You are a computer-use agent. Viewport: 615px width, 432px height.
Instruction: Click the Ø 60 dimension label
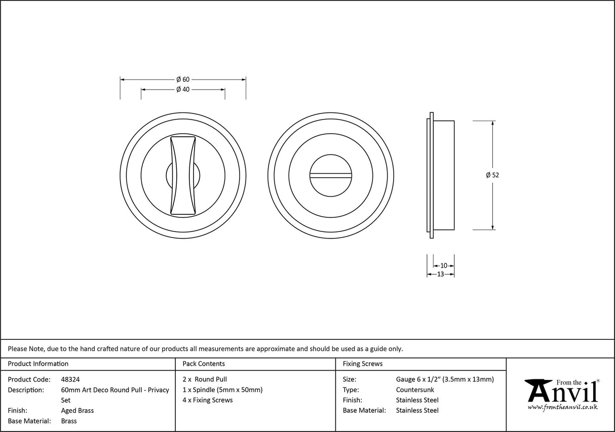point(182,80)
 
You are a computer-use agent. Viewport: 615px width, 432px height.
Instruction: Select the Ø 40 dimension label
point(182,90)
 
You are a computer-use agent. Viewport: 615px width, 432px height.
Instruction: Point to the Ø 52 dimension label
point(492,175)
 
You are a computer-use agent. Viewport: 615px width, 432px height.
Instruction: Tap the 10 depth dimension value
point(444,265)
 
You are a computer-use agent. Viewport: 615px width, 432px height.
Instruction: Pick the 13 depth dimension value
point(440,274)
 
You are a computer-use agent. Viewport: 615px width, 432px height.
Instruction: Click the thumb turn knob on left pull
point(183,175)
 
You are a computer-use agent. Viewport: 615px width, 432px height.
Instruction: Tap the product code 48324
point(70,379)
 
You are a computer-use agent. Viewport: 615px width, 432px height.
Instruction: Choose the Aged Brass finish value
point(77,411)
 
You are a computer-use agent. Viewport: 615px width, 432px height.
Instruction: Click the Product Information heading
point(38,364)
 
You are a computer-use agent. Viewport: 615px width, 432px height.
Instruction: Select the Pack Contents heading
point(203,364)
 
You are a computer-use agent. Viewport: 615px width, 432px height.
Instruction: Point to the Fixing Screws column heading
point(363,364)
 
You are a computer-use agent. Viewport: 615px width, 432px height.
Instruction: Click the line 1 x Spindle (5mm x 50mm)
point(222,389)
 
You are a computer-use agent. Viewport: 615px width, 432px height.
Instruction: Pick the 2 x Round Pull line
point(205,379)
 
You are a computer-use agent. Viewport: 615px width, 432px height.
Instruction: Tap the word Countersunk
point(415,390)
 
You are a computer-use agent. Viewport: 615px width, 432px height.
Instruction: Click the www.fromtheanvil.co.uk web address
point(562,407)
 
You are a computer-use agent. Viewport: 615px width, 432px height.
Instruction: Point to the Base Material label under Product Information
point(29,421)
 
